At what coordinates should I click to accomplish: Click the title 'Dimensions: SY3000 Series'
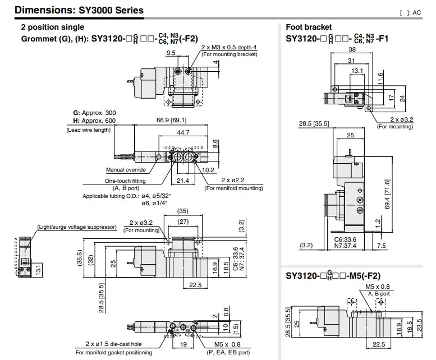pos(79,10)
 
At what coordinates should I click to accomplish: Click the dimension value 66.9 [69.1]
pos(171,120)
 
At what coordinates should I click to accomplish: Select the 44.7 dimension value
pos(183,132)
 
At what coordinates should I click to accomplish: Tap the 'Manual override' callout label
pos(126,170)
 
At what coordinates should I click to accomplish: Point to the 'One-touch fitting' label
pos(125,181)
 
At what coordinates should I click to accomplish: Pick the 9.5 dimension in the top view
pos(171,53)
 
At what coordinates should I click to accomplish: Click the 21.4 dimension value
pos(183,181)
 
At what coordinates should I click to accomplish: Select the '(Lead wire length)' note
pos(89,130)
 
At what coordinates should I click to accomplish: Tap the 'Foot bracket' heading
pos(309,27)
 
